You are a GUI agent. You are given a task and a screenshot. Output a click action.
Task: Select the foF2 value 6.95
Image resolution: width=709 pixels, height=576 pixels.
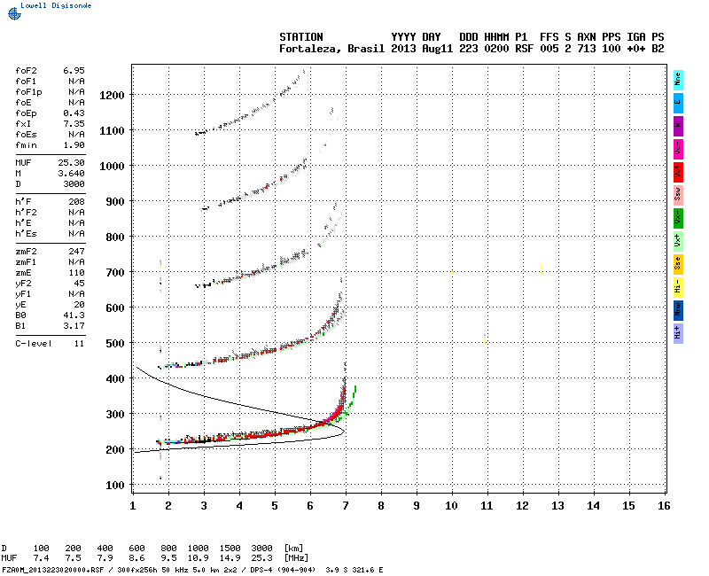[74, 69]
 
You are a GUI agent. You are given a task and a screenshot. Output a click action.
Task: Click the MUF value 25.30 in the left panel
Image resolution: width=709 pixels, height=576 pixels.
[73, 163]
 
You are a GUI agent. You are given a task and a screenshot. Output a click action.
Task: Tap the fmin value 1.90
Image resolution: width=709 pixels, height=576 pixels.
[74, 144]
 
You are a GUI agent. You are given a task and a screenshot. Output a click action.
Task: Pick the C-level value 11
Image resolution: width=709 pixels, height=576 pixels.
[79, 343]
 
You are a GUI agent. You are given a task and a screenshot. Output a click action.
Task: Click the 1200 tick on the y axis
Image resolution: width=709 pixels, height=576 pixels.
[113, 95]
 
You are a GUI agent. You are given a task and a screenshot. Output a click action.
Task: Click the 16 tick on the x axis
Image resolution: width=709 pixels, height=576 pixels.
[664, 505]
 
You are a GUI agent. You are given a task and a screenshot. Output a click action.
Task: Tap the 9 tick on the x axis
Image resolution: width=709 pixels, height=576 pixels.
[416, 505]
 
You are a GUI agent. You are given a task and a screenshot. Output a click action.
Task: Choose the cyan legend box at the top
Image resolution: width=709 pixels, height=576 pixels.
[678, 78]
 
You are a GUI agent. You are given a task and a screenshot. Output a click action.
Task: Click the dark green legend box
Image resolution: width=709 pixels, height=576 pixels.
[678, 216]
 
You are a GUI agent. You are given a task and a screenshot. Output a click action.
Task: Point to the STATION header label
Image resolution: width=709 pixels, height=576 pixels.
[301, 36]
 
